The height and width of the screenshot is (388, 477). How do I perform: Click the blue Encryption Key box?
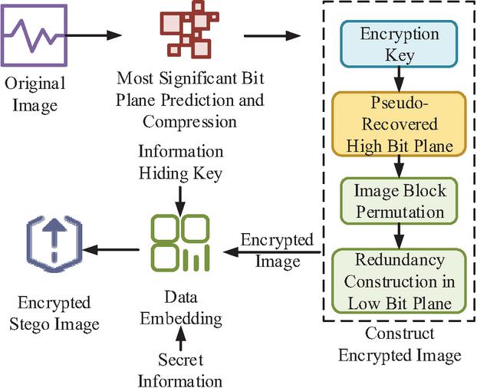point(399,44)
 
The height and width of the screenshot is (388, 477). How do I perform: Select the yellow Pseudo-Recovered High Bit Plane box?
point(399,124)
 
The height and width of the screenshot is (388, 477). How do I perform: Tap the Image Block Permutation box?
point(399,201)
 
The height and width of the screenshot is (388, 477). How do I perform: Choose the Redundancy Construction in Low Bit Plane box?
point(399,281)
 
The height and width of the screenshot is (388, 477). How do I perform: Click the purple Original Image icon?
point(34,35)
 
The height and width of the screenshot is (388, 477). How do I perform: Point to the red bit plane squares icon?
point(189,29)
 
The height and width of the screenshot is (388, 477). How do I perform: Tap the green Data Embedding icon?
point(181,243)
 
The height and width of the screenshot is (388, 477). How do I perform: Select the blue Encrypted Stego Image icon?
point(54,244)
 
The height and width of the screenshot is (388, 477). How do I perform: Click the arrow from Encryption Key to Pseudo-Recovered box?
point(399,80)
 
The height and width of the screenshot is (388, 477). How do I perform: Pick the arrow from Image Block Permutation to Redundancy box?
point(399,237)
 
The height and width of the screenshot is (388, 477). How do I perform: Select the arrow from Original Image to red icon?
point(94,35)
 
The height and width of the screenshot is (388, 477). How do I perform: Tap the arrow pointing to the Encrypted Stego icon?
point(110,250)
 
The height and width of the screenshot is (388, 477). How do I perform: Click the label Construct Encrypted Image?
point(400,344)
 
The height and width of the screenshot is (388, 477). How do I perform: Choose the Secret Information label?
point(180,370)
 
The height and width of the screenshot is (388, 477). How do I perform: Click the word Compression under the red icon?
point(189,122)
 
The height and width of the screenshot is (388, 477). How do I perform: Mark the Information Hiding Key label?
point(181,163)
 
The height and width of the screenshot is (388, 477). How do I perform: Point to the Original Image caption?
point(35,94)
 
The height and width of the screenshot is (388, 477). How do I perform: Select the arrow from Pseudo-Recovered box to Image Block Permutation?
point(399,167)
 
